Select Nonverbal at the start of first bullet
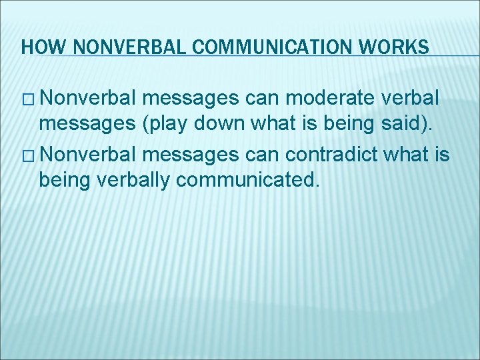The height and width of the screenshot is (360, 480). (x=88, y=99)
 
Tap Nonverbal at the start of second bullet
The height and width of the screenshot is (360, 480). (x=88, y=155)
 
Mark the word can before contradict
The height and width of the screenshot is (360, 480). (x=265, y=155)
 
